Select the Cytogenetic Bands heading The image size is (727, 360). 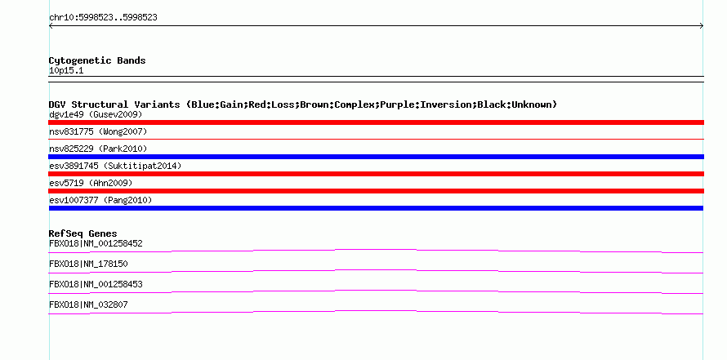point(97,60)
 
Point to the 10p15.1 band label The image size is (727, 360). point(66,70)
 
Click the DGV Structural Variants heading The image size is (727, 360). point(302,104)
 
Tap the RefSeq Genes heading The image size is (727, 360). point(83,233)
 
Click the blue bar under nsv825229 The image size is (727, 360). point(376,157)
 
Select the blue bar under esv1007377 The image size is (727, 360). point(376,208)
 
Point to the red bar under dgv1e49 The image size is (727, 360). point(376,122)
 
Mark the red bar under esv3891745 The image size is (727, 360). point(376,174)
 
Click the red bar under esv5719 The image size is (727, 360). point(376,191)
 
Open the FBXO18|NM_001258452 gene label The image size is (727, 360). point(96,243)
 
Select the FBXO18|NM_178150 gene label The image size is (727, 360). point(88,264)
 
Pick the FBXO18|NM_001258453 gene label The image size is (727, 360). point(96,284)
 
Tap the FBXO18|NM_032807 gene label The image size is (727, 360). point(88,304)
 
